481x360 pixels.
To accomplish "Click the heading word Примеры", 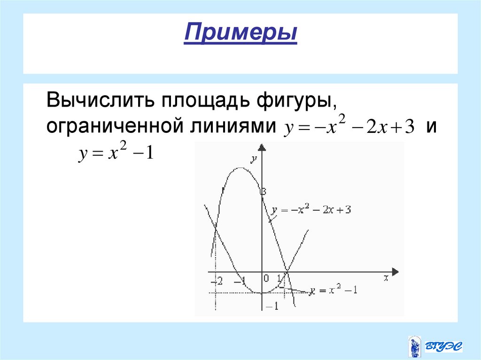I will (x=240, y=34).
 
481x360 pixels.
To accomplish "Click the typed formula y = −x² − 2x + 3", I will (x=348, y=128).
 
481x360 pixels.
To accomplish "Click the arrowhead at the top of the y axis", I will (x=262, y=149).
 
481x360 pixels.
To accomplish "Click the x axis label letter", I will (x=386, y=278).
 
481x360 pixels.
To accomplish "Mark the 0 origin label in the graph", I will (x=266, y=278).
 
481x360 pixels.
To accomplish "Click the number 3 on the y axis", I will (x=264, y=191).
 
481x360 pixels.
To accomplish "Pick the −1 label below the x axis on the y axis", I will (x=272, y=306).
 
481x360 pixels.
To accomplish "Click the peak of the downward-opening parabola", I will (x=240, y=168).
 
